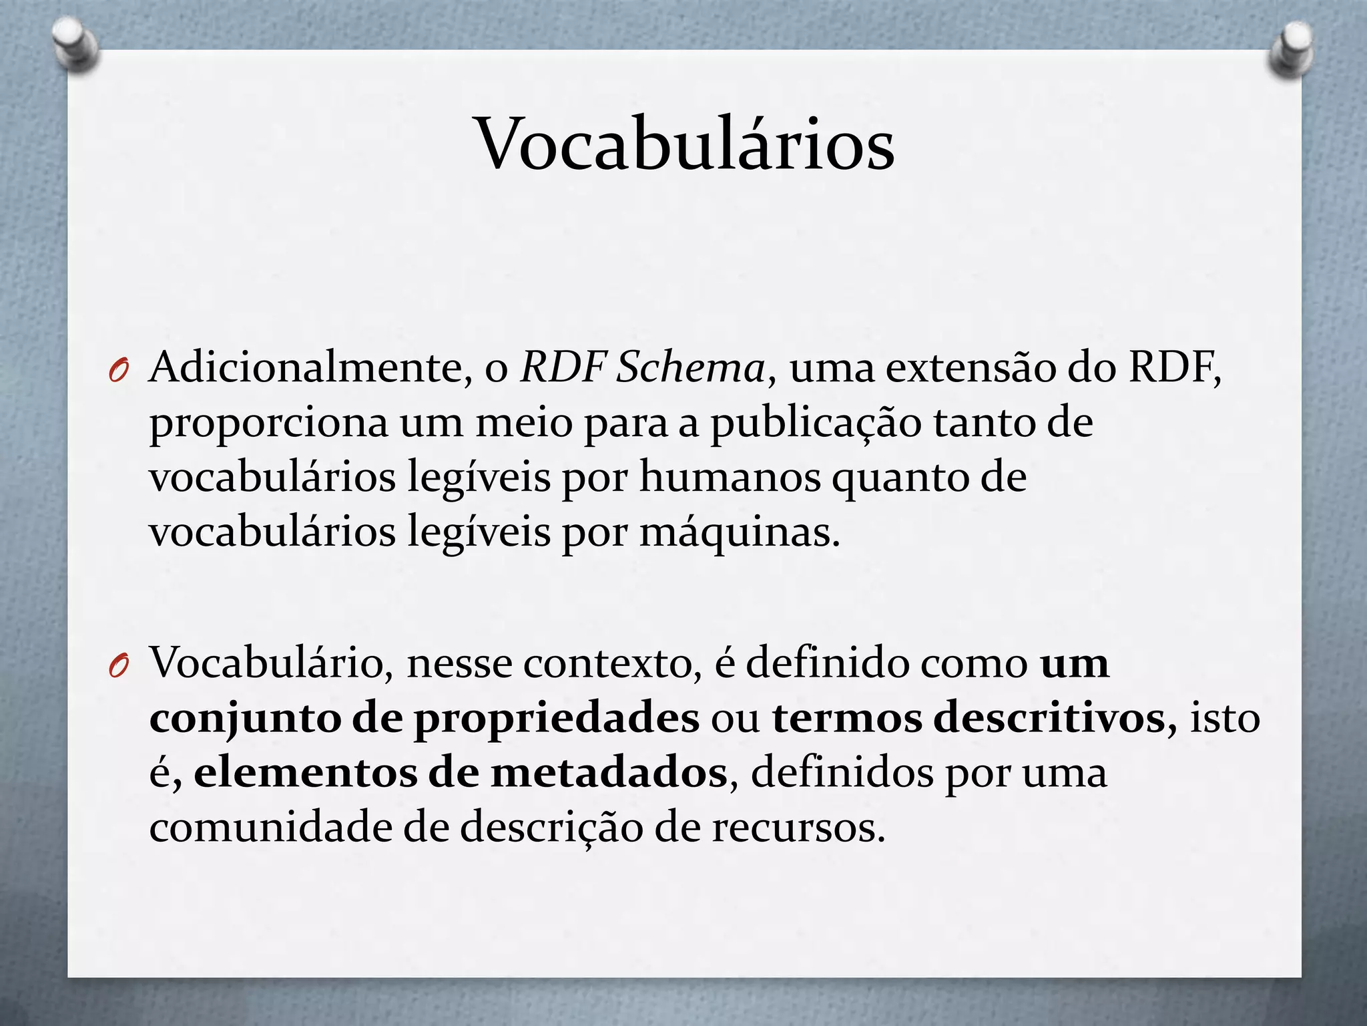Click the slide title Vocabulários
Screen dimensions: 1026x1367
point(684,144)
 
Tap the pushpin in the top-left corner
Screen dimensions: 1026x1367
point(73,45)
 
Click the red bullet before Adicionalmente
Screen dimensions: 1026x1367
point(117,371)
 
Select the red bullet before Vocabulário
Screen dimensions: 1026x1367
point(117,666)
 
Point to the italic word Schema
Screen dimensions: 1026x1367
point(690,369)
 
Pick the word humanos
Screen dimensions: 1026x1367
point(730,478)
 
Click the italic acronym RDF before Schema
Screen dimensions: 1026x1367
point(563,367)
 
